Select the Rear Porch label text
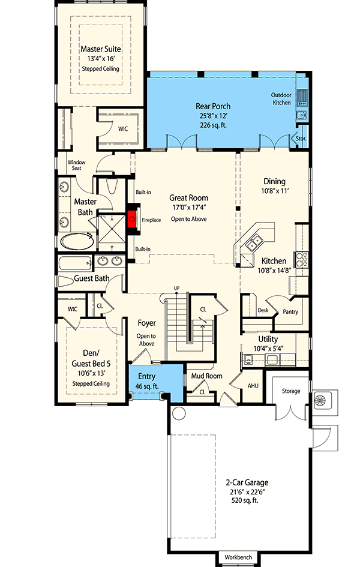click(x=213, y=106)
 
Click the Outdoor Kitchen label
click(x=281, y=98)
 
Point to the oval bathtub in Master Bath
click(x=76, y=241)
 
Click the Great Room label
click(x=188, y=197)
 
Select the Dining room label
click(x=274, y=181)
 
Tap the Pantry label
click(x=290, y=312)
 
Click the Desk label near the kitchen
click(x=262, y=310)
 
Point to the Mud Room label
click(x=207, y=377)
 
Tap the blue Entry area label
click(x=146, y=376)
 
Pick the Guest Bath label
click(x=91, y=278)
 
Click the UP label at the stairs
click(x=176, y=289)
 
